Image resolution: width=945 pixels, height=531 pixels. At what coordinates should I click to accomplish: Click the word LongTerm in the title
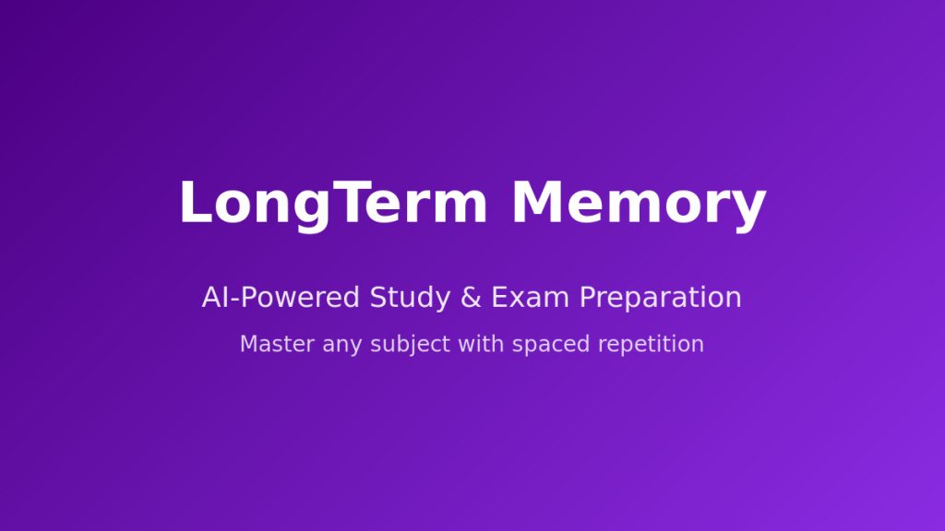point(333,205)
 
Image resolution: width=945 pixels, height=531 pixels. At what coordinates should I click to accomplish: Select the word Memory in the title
point(639,205)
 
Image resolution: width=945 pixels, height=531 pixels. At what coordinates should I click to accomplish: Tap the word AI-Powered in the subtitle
point(281,298)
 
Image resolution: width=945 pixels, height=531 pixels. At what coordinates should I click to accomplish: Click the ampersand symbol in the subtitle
point(471,298)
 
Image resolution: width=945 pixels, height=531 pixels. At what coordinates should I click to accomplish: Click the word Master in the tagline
point(277,345)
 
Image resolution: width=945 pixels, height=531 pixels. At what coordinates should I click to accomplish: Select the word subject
point(410,346)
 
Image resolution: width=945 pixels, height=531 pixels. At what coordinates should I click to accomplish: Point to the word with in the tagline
point(481,344)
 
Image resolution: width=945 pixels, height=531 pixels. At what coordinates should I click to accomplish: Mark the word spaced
point(551,346)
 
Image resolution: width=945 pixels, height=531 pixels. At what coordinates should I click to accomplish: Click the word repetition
point(651,346)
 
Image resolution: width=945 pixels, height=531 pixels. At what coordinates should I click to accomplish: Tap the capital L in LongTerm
point(196,202)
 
